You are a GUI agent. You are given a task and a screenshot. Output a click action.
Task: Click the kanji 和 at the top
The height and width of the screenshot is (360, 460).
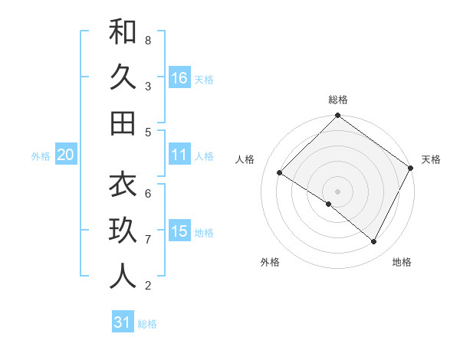point(123,32)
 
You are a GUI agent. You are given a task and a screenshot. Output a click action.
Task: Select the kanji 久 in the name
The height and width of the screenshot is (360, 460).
point(123,77)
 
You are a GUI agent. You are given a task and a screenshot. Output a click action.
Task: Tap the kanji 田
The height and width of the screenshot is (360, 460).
point(123,123)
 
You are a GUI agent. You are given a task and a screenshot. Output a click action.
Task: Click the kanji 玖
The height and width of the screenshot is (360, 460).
point(123,231)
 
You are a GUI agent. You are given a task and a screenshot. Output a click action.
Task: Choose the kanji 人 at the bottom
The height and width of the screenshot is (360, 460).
point(123,277)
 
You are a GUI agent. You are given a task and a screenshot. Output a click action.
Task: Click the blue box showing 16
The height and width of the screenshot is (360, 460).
point(179,78)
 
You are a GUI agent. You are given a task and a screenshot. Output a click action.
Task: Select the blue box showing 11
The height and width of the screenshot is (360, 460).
point(179,155)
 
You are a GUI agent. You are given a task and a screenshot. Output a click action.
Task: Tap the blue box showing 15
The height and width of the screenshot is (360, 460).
point(179,231)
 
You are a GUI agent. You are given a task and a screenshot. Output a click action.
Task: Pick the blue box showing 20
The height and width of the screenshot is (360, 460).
point(65,155)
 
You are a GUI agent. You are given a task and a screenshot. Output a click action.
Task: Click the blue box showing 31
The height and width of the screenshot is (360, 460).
point(123,322)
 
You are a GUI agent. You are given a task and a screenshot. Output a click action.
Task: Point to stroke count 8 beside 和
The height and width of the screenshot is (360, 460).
point(148,40)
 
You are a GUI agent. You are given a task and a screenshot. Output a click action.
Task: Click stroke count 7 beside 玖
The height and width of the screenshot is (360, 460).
point(148,240)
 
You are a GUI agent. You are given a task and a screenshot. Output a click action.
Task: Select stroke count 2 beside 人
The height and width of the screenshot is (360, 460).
point(148,286)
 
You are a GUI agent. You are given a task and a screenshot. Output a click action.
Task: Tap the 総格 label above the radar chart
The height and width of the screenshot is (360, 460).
point(338,100)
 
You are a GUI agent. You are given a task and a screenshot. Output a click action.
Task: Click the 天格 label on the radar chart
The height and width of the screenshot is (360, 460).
point(431,159)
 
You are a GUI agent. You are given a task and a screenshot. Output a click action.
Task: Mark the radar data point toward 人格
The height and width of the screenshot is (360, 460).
point(279,173)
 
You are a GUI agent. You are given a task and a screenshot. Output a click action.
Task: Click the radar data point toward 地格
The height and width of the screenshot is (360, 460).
point(374,242)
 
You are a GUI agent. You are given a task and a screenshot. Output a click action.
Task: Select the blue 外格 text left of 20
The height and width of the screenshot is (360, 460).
point(41,155)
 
